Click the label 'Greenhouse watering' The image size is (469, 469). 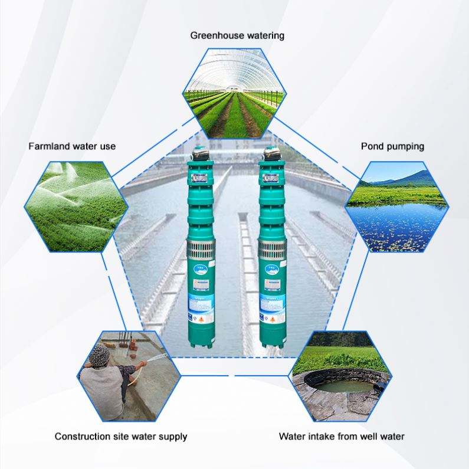click(237, 35)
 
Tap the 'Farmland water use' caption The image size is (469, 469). click(72, 146)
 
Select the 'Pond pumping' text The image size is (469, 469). click(392, 146)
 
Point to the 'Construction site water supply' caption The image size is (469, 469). click(121, 437)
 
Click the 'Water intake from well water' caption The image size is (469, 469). click(342, 437)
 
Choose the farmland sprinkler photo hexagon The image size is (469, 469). click(76, 206)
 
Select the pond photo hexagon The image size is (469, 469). click(396, 206)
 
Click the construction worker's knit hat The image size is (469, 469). click(99, 355)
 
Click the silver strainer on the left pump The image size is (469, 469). click(199, 248)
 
